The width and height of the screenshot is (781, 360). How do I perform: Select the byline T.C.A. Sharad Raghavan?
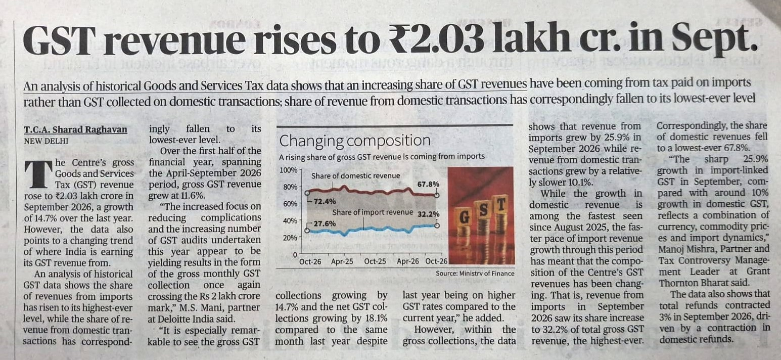click(x=76, y=130)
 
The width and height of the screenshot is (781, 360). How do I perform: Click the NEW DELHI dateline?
click(x=46, y=141)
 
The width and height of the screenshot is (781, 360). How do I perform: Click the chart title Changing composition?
click(x=354, y=141)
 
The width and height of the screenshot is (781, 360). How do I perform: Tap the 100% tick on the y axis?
click(x=289, y=170)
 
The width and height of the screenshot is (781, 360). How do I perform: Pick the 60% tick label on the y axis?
click(x=290, y=204)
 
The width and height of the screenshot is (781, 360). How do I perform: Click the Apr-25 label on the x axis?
click(x=342, y=261)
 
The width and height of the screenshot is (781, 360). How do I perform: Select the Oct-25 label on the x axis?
click(x=375, y=261)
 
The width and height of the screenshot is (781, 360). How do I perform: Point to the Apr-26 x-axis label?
click(x=407, y=261)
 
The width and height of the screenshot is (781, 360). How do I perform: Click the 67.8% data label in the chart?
click(x=428, y=184)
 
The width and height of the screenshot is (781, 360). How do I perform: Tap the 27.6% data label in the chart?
click(x=324, y=223)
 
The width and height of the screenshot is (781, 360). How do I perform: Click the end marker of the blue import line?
click(x=437, y=225)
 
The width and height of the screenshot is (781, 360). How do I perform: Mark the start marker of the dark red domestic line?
click(x=307, y=193)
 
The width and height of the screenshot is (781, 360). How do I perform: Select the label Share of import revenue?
click(x=373, y=212)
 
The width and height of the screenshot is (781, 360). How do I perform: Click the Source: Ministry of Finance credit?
click(x=475, y=274)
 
